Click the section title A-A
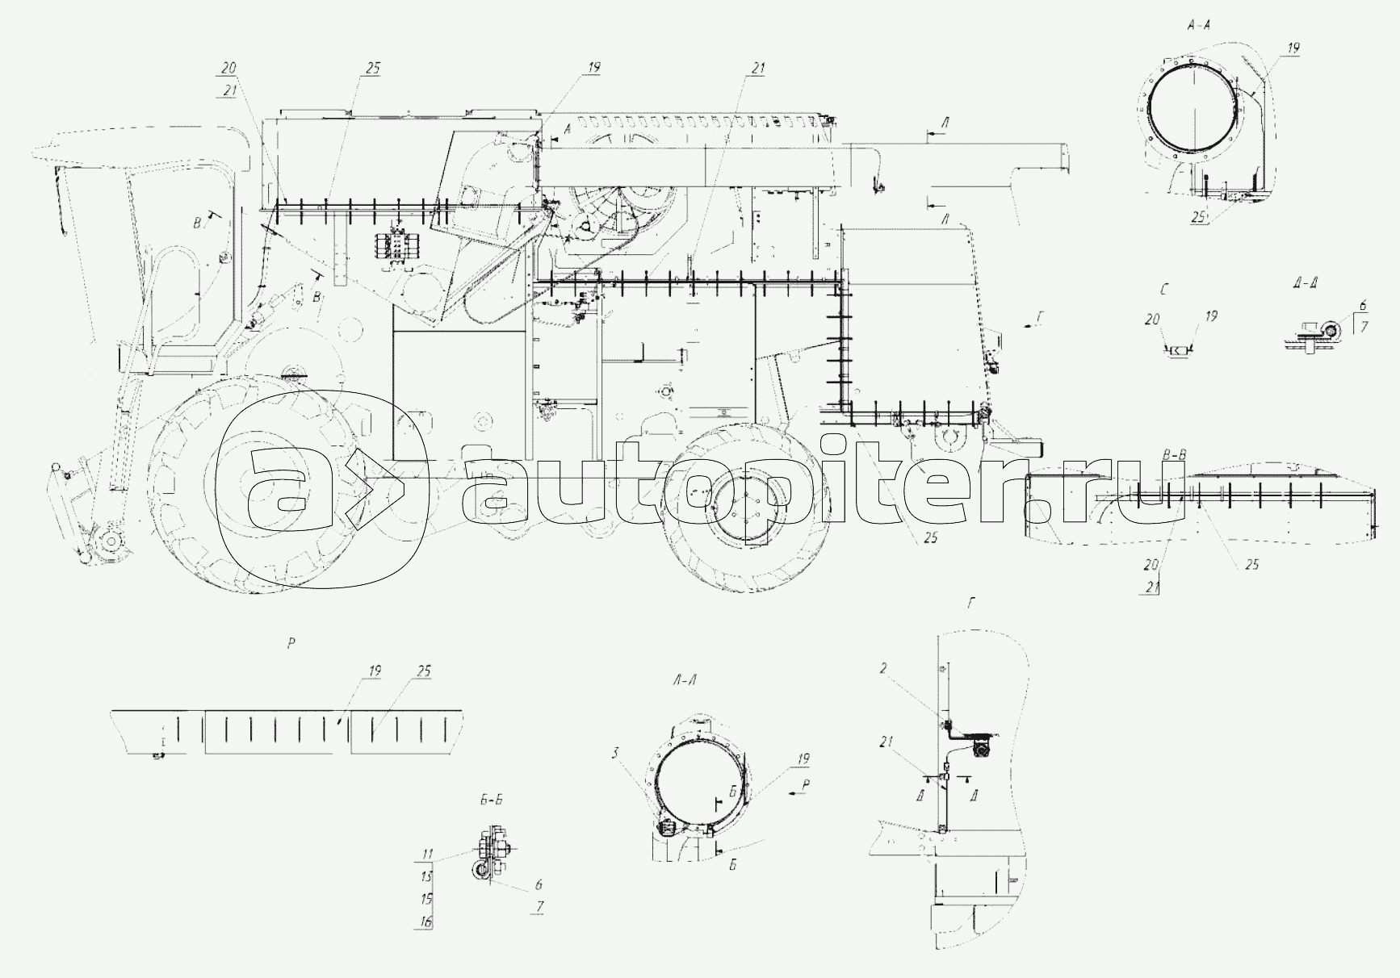[x=1197, y=25]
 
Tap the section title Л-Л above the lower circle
[x=685, y=680]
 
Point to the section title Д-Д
[x=1306, y=282]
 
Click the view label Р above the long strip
[x=291, y=643]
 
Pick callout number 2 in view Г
[x=884, y=668]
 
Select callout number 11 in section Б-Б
[x=427, y=853]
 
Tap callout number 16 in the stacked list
[x=425, y=922]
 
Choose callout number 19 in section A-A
[x=1293, y=49]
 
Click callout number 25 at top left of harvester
[x=371, y=69]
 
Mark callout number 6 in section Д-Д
[x=1363, y=306]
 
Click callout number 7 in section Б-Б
[x=539, y=907]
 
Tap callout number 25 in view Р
[x=425, y=671]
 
